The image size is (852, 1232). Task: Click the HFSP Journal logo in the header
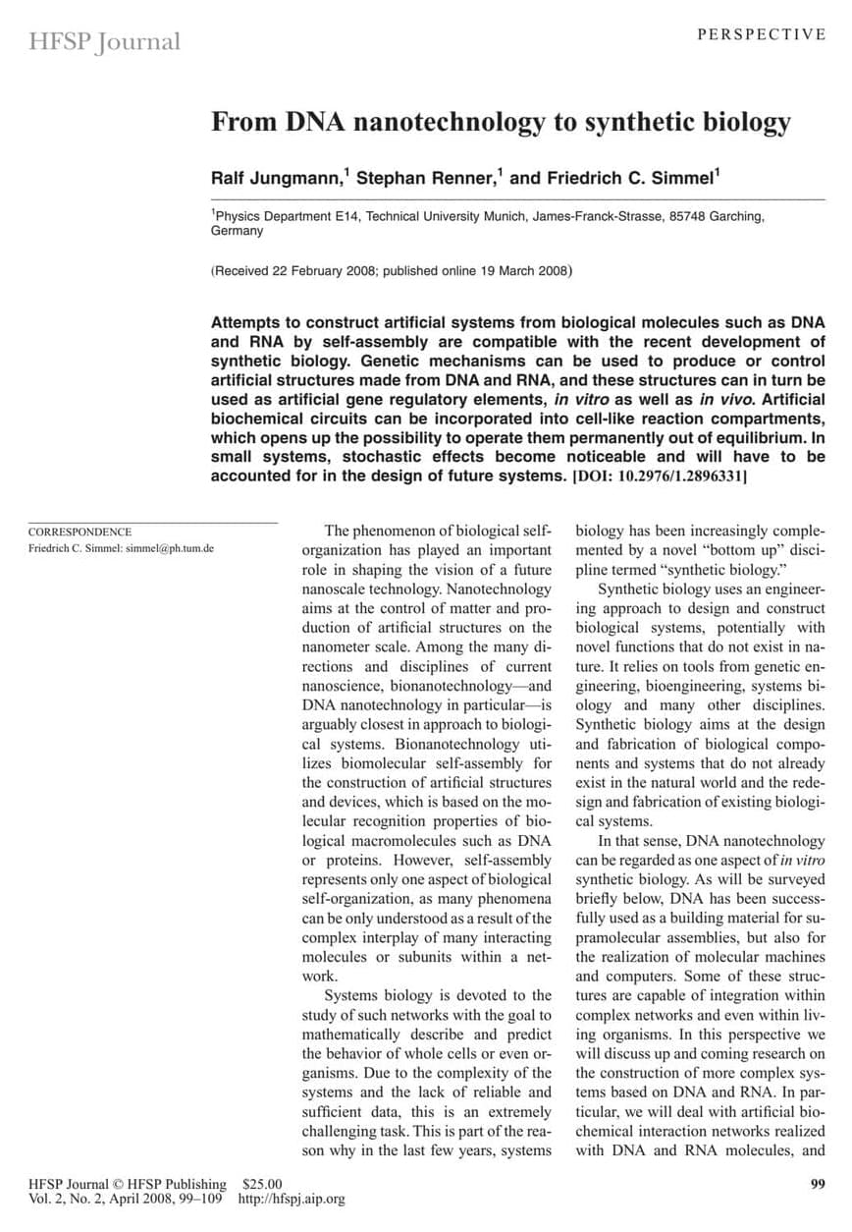(x=105, y=42)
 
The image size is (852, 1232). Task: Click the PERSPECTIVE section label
(x=762, y=34)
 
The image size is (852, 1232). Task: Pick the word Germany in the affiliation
(x=238, y=231)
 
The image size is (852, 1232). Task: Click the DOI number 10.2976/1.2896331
(x=679, y=476)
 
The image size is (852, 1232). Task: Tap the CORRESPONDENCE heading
(x=80, y=532)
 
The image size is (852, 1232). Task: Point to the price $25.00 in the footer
(x=262, y=1184)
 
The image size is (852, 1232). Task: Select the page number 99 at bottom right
(x=818, y=1184)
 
